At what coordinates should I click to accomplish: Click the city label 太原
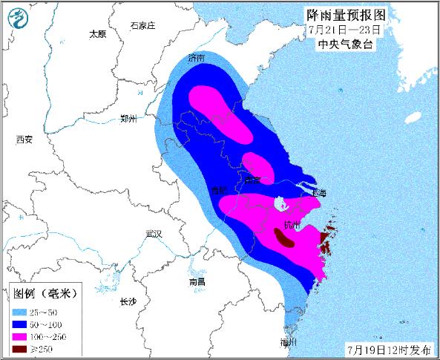coord(98,33)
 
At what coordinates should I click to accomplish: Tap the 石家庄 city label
coord(142,25)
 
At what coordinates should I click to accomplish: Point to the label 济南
coord(197,57)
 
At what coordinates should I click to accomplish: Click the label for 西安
coord(24,139)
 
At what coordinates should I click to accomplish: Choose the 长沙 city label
coord(128,301)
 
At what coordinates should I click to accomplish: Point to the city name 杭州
coord(292,224)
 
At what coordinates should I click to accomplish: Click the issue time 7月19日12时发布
coord(387,347)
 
